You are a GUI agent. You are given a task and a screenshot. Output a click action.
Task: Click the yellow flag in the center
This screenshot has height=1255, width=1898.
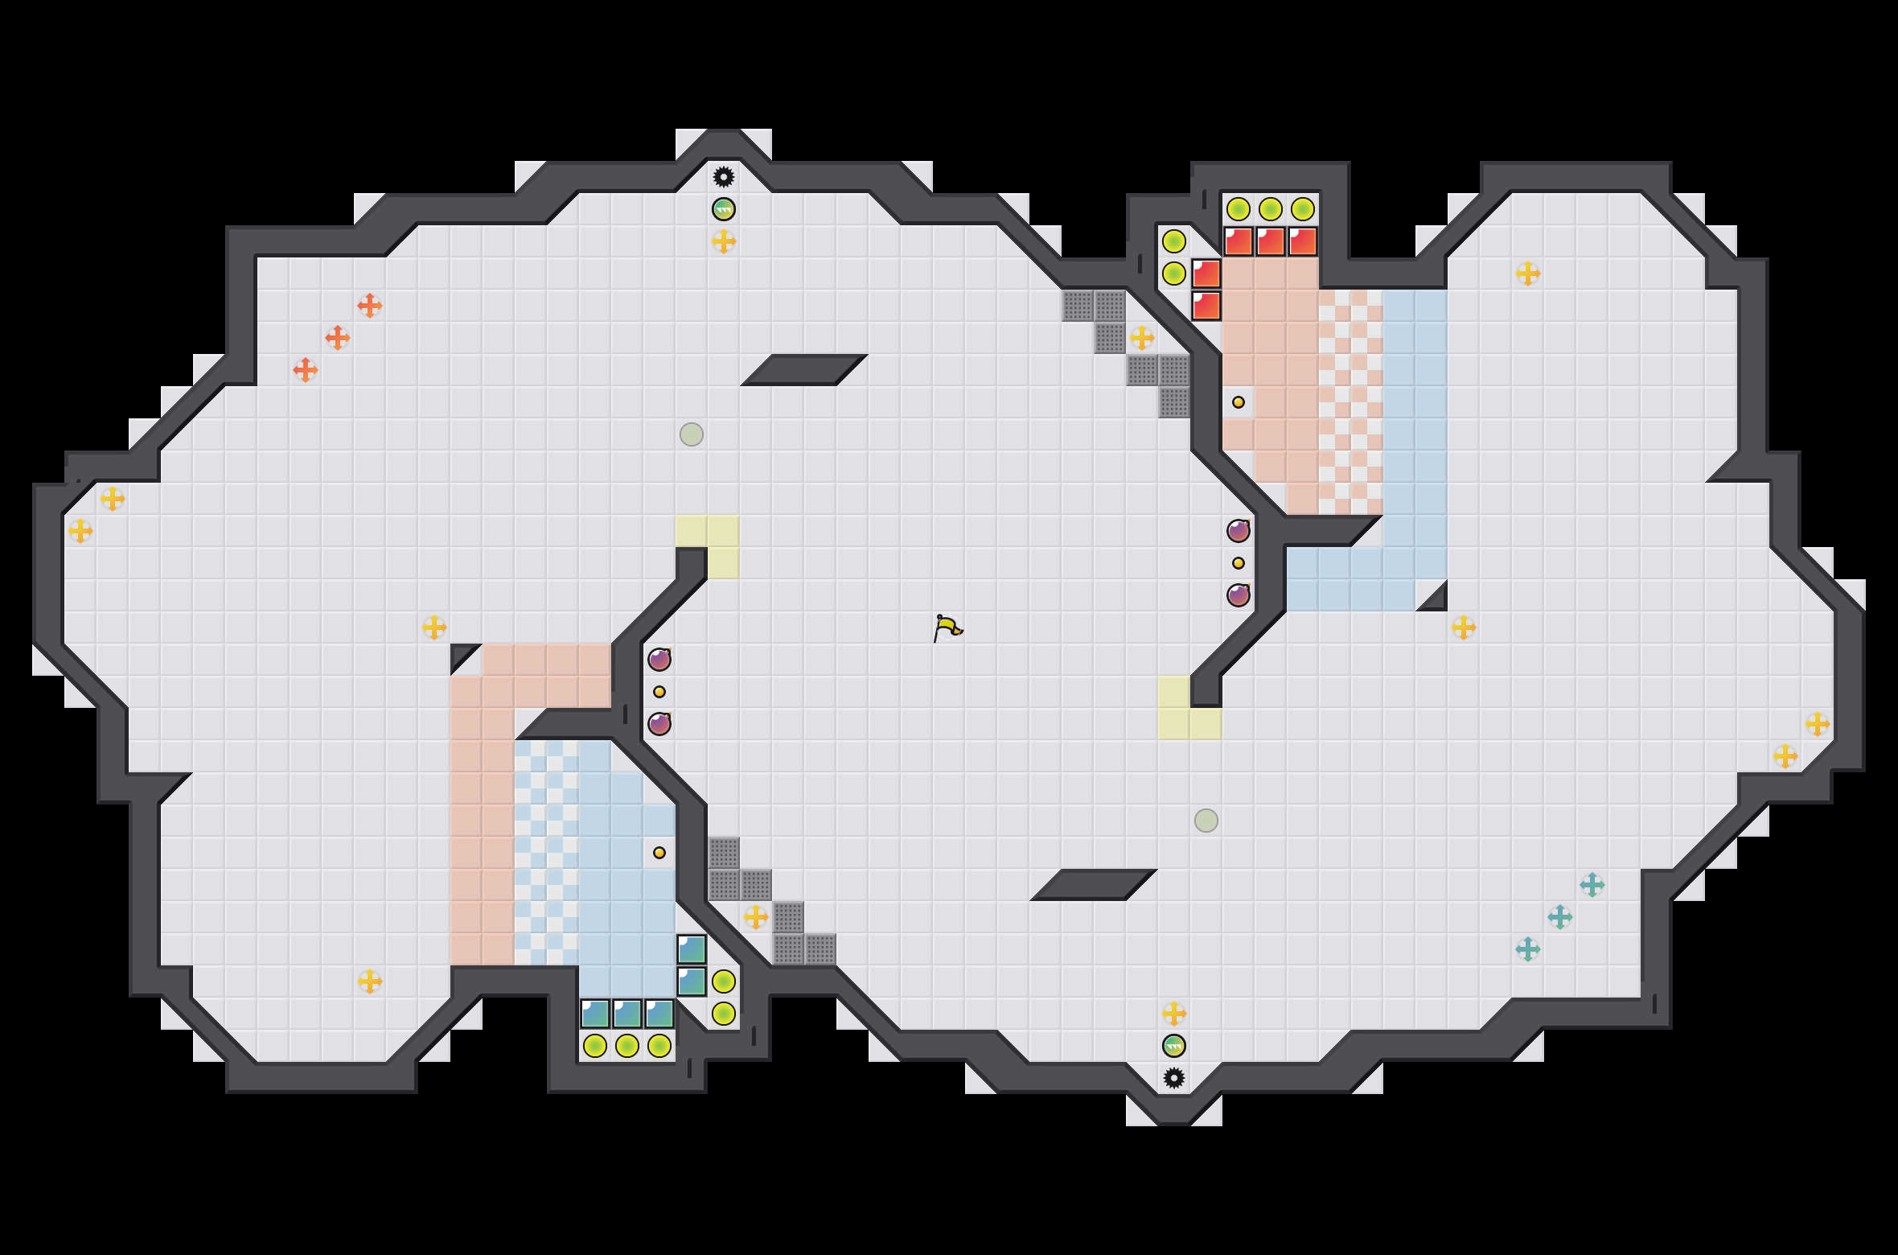coord(947,627)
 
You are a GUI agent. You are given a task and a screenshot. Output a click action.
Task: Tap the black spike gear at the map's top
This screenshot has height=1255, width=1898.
coord(724,177)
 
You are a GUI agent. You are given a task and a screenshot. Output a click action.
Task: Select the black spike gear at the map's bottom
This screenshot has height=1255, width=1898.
coord(1174,1078)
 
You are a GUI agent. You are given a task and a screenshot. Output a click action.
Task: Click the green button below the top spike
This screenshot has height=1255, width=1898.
coord(724,209)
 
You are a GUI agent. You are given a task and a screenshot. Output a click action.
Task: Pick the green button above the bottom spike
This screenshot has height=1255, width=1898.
coord(1174,1046)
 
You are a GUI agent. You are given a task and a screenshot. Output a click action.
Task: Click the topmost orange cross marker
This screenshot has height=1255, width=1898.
coord(370,306)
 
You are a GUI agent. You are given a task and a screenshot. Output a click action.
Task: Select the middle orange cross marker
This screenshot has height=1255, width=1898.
coord(338,338)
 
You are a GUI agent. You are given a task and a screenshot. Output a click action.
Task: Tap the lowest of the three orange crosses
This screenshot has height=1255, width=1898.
coord(306,370)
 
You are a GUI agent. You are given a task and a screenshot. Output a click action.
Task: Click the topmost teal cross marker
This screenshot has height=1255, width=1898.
coord(1592,885)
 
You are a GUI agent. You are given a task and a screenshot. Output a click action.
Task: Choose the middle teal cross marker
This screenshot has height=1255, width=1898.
coord(1560,917)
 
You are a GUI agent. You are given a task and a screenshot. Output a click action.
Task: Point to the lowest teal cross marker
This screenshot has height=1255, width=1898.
coord(1528,949)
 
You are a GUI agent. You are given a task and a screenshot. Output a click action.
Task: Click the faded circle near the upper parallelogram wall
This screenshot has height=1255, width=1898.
coord(692,434)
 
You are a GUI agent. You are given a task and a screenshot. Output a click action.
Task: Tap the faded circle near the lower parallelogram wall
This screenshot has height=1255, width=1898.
coord(1206,821)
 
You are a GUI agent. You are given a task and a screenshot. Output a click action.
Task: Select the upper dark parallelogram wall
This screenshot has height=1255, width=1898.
coord(804,370)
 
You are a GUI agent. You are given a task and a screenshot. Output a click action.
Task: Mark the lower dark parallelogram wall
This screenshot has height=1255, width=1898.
coord(1094,885)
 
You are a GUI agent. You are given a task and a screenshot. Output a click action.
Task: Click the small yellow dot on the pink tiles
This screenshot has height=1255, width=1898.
coord(1239,402)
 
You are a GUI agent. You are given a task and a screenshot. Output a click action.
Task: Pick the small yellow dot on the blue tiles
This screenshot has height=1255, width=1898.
coord(659,853)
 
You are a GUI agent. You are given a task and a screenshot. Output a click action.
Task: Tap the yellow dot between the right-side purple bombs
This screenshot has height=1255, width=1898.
coord(1239,563)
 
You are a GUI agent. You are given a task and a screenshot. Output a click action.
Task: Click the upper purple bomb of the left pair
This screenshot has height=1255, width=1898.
coord(659,660)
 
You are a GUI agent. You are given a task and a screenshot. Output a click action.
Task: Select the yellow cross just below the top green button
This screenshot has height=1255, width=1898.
coord(724,241)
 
